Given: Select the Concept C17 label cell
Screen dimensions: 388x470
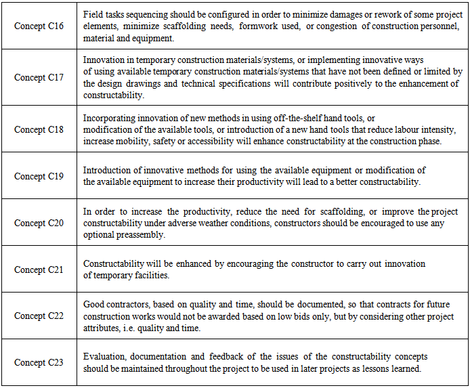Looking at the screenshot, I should click(39, 77).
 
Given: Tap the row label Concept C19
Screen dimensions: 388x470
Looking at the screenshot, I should click(39, 176).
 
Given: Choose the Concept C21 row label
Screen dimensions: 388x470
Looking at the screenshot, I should click(39, 270).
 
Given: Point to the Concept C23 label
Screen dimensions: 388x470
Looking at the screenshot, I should click(39, 362).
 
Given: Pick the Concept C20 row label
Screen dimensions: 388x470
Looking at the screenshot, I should click(39, 223).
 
